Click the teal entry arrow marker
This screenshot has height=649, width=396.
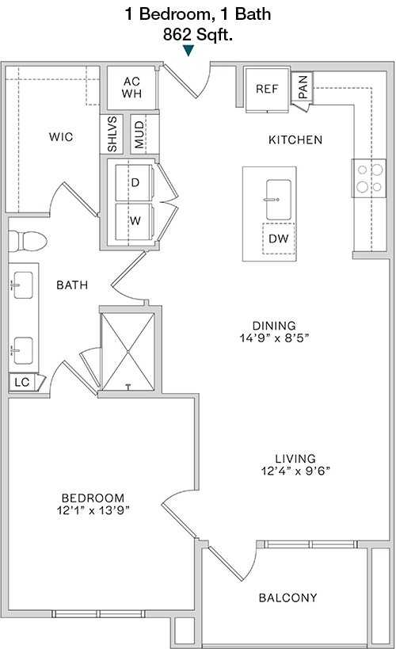(188, 51)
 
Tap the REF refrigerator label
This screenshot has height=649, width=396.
(267, 89)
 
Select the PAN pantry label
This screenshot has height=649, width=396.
(303, 86)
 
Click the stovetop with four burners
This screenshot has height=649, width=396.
(369, 178)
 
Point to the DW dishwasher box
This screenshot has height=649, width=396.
(279, 239)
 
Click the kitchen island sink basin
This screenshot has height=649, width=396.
(279, 200)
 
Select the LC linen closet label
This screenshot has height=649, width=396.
(22, 382)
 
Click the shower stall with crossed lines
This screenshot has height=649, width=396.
(128, 351)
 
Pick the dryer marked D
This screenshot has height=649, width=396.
(135, 182)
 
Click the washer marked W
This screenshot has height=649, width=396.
(135, 221)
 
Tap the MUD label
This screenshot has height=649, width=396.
(139, 135)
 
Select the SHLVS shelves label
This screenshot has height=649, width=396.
(112, 134)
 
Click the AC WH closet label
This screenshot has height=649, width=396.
(131, 87)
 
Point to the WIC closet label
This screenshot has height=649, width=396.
(61, 136)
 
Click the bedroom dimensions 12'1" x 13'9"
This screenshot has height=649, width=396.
(93, 510)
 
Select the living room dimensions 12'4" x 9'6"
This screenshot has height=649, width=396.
(295, 471)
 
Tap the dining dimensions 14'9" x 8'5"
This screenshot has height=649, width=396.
(274, 338)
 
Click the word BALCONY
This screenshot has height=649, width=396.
(288, 597)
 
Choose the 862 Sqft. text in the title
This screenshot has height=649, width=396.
(198, 35)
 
